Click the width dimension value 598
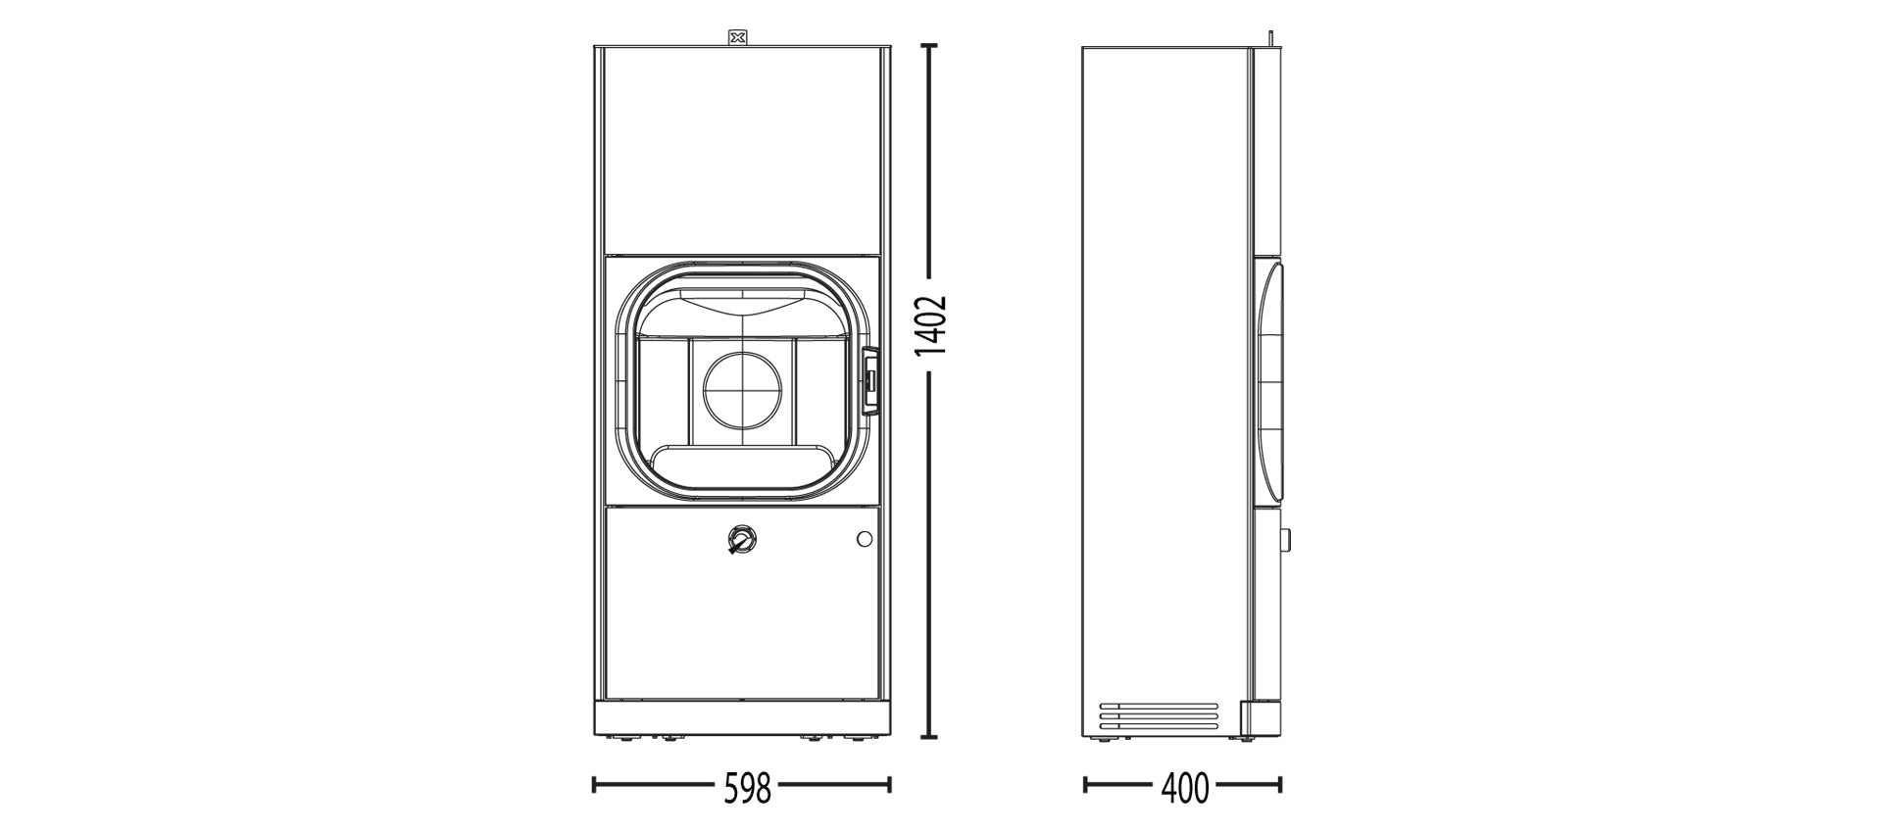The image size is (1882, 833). [x=748, y=786]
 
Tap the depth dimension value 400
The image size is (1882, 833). [x=1184, y=786]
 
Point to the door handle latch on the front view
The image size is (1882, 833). [x=869, y=377]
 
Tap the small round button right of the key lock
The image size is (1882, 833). [x=864, y=538]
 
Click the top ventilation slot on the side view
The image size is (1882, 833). [x=1158, y=705]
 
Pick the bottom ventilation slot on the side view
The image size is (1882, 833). [x=1158, y=728]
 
